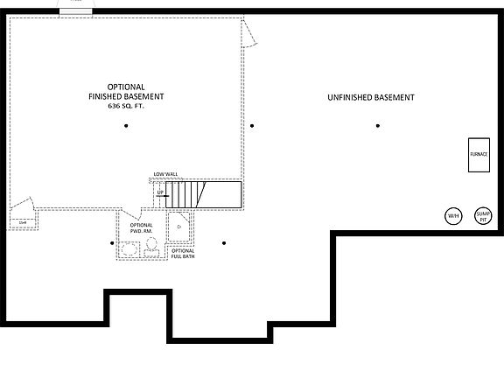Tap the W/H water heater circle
pos(453,216)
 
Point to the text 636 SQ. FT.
pos(126,105)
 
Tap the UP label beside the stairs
pos(161,192)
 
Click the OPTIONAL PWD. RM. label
pos(141,228)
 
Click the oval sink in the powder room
pos(129,252)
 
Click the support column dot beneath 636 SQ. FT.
pos(126,126)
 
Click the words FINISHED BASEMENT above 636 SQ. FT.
pos(126,95)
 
